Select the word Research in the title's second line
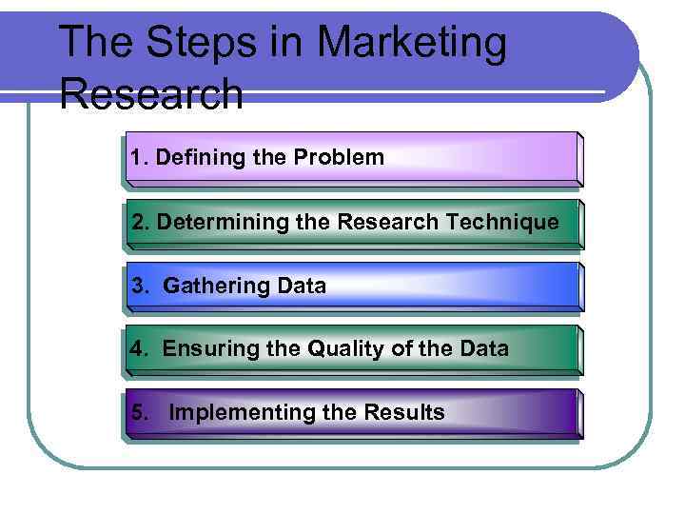pos(150,93)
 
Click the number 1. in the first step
pos(140,158)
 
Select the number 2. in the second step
pos(141,223)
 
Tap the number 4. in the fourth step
pos(140,349)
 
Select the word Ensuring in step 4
pos(204,349)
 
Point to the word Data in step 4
pos(482,349)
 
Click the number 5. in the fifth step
pos(140,413)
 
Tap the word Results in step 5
pos(403,413)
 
